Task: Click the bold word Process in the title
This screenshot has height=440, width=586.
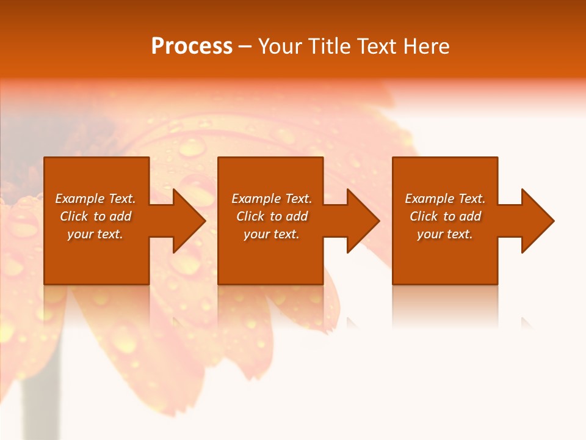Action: tap(192, 46)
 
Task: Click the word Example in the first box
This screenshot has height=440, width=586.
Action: tap(79, 199)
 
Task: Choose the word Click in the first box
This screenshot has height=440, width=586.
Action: tap(74, 216)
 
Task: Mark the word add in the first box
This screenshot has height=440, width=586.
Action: tap(120, 216)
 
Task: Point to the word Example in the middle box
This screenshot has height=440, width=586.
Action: tap(256, 199)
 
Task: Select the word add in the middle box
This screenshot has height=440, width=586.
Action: tap(297, 216)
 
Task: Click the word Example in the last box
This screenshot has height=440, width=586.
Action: tap(429, 199)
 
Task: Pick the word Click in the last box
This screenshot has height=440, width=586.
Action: tap(424, 216)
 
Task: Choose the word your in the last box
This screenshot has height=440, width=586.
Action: tap(430, 234)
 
